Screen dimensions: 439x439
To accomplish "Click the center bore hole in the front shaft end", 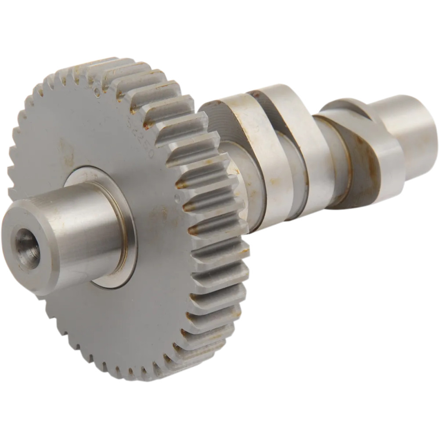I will coord(27,248).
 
